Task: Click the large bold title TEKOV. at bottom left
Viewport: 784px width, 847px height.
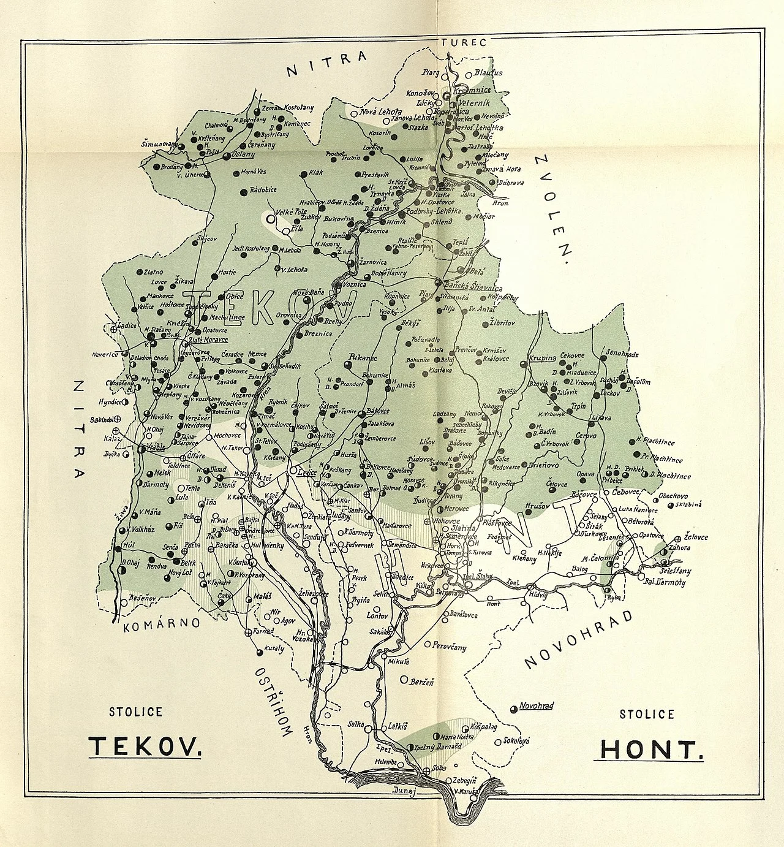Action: [145, 746]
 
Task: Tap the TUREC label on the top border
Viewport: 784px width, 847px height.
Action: [463, 42]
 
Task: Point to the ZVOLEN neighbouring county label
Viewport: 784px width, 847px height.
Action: [552, 208]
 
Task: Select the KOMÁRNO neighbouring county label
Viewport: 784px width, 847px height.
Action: [162, 624]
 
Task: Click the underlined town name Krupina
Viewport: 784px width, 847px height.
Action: [542, 357]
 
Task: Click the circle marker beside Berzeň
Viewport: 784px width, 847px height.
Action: [403, 679]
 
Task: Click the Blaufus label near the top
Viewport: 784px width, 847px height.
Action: [488, 72]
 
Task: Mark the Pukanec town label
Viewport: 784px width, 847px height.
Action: [363, 356]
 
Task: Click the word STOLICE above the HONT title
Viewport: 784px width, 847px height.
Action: [647, 714]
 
